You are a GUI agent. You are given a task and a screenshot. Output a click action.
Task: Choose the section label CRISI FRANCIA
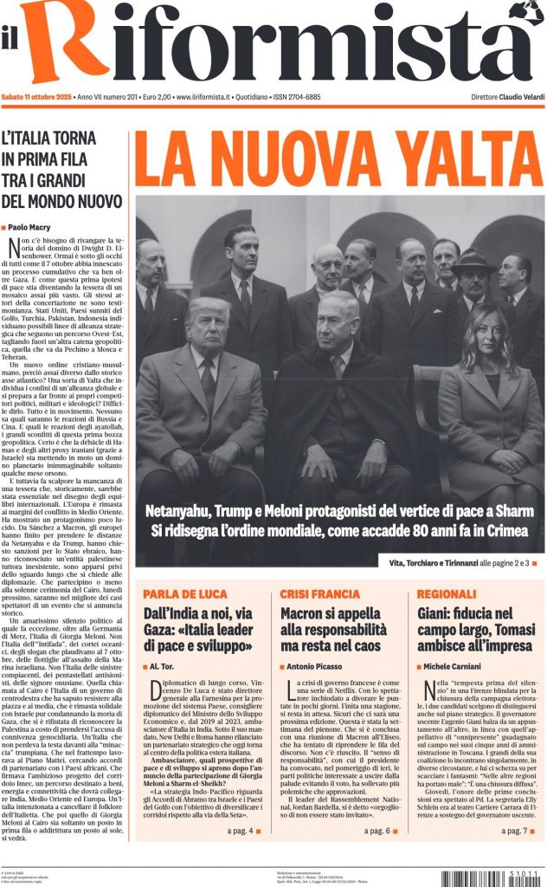point(319,594)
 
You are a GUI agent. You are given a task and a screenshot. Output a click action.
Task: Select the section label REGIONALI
point(447,594)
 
